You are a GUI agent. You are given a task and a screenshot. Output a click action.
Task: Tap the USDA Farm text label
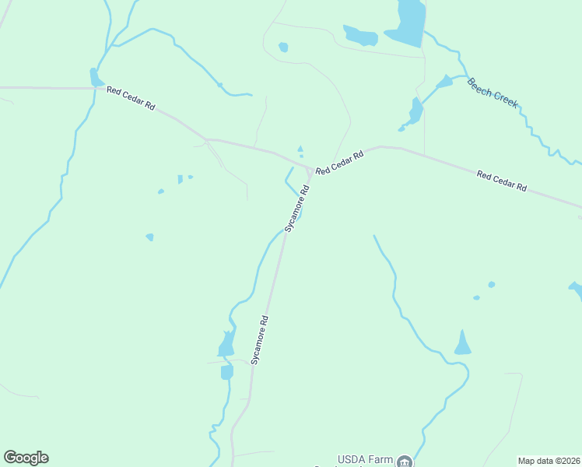click(x=364, y=459)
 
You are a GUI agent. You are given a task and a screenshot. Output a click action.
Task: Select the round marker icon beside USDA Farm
click(x=404, y=462)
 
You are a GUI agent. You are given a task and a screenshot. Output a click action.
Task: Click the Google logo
click(x=26, y=458)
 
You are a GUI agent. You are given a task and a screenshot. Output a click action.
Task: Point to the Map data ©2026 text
click(x=549, y=461)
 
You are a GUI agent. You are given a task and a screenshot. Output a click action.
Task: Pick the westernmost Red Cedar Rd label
click(x=131, y=99)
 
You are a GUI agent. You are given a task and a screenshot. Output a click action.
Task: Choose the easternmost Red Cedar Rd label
click(x=502, y=182)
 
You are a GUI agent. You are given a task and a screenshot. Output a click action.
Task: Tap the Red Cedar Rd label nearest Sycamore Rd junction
click(x=340, y=163)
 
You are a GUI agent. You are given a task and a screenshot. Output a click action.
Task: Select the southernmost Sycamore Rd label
click(x=260, y=339)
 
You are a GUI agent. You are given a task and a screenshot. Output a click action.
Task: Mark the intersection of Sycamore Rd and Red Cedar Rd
click(x=310, y=171)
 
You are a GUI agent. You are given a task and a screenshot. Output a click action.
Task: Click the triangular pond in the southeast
click(x=462, y=343)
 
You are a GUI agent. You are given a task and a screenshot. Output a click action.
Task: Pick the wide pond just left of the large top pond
click(x=360, y=36)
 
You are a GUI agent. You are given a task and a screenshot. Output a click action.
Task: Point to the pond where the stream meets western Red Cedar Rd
click(x=95, y=77)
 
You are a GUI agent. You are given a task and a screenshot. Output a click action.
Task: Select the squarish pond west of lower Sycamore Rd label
click(x=226, y=372)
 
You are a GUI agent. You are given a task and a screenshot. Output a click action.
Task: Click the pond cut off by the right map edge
click(x=577, y=290)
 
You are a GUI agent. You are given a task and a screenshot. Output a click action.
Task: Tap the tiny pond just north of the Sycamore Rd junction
click(x=300, y=149)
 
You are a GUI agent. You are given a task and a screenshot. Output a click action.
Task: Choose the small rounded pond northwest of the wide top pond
click(x=283, y=47)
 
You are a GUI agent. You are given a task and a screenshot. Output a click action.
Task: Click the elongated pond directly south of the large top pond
click(x=415, y=111)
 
